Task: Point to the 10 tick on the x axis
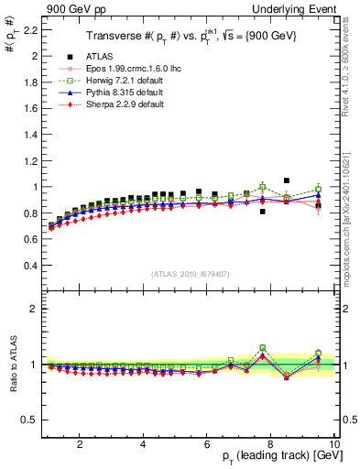coord(334,445)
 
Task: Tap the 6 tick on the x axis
coord(207,445)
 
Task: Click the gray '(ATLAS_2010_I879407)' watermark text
coord(189,273)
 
